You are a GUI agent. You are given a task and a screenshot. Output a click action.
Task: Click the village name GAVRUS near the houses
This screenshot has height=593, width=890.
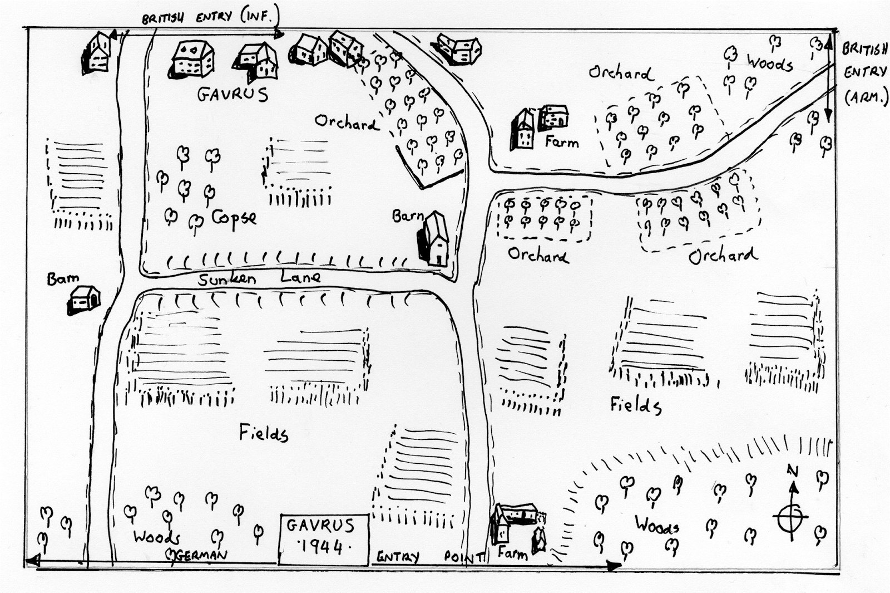coord(233,94)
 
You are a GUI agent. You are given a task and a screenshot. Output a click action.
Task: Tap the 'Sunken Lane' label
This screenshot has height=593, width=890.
coord(259,278)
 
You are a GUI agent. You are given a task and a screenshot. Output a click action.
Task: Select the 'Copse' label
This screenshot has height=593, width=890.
coord(234,218)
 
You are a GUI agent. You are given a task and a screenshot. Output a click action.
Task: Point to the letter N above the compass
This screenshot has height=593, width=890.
coord(793,471)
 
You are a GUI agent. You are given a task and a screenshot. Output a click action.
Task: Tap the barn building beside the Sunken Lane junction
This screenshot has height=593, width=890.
coord(434,239)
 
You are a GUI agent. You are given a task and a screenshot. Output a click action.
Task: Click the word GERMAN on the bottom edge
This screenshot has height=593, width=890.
coord(200,555)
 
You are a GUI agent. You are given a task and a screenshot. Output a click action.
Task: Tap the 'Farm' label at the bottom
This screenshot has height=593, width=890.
coord(512,553)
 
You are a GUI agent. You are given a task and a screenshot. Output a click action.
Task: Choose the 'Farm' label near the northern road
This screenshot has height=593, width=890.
coord(561,143)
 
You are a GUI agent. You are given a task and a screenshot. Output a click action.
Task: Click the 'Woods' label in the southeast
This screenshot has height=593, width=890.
coord(657,525)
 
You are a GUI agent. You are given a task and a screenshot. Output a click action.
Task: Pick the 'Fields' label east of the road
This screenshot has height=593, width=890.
coord(636,405)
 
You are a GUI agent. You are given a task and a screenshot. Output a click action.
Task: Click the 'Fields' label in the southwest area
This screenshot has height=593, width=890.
coord(264,433)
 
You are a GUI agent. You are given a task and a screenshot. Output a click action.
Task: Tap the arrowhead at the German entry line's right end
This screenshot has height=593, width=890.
coord(613,566)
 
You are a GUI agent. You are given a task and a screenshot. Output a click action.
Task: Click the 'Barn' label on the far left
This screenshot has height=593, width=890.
coord(63,278)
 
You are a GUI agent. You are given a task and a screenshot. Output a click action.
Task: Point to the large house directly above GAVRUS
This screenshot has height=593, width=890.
coord(193,58)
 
